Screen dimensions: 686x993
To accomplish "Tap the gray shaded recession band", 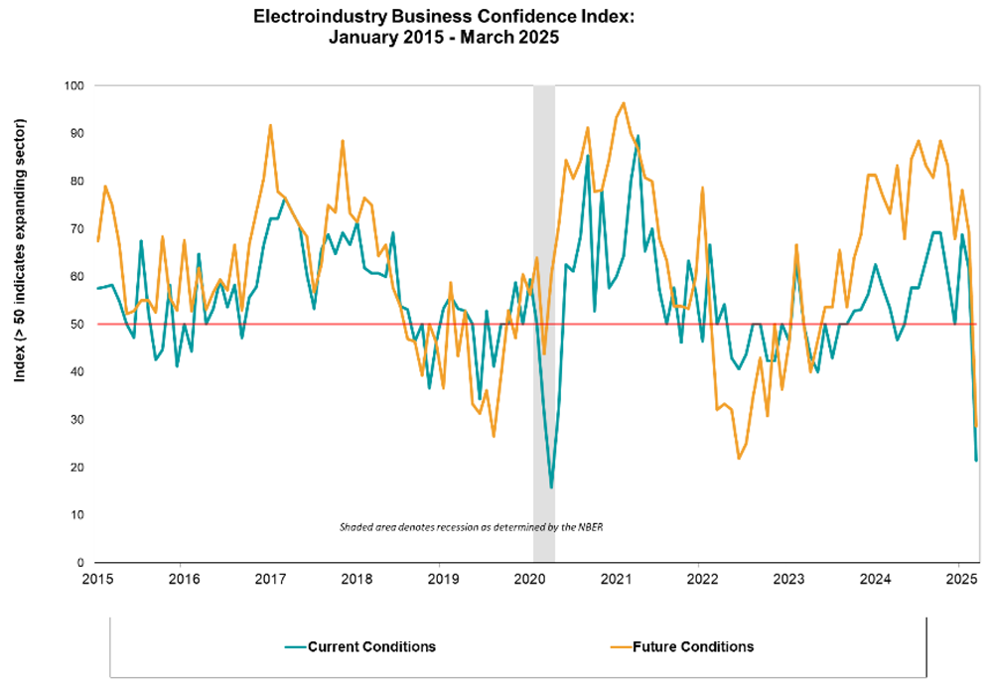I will coord(544,298).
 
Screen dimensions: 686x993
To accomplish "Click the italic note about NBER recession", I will coord(472,526).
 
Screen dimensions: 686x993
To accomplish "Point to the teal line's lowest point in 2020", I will coord(551,487).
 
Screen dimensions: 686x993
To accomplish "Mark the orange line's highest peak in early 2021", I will coord(623,102).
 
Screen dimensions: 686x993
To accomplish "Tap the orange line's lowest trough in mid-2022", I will coord(739,458).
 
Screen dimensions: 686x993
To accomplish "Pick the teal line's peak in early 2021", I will coord(638,136).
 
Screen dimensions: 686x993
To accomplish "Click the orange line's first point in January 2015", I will coord(97,241).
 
